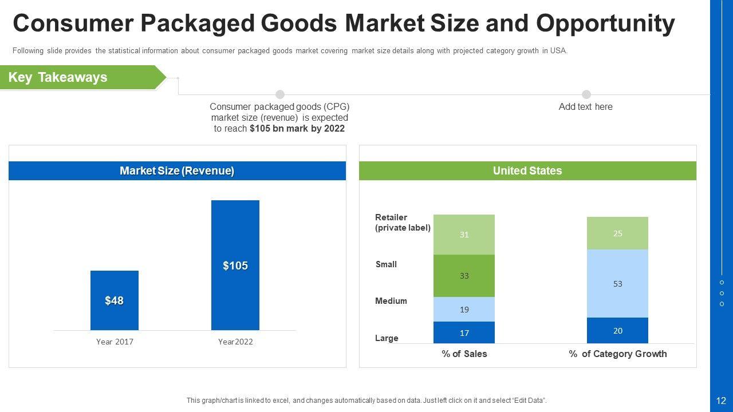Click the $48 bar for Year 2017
click(x=114, y=300)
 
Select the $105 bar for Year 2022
click(x=235, y=265)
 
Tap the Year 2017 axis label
click(x=114, y=342)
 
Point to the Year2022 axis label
click(x=235, y=342)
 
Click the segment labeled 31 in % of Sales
click(x=464, y=235)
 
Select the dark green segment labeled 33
click(x=464, y=276)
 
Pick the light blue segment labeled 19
click(x=464, y=310)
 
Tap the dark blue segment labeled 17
click(x=464, y=332)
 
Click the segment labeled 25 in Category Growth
click(x=617, y=233)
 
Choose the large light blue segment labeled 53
click(x=617, y=283)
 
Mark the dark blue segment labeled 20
click(x=617, y=331)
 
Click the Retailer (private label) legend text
click(x=402, y=223)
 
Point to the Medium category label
click(x=391, y=301)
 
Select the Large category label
click(x=387, y=338)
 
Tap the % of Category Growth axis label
click(x=617, y=354)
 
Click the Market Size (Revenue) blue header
click(x=177, y=171)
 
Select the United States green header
click(x=527, y=171)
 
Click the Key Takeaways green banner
click(x=80, y=77)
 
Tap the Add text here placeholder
click(x=585, y=107)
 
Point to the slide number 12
click(x=721, y=401)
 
